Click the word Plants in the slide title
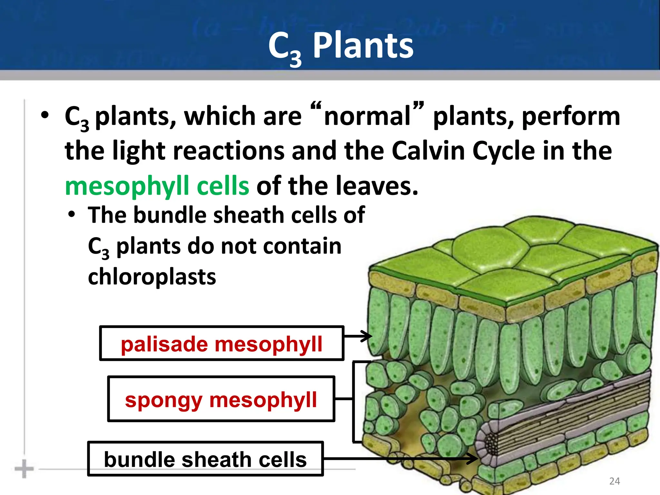tap(363, 46)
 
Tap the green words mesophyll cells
tap(157, 186)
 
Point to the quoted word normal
tap(367, 116)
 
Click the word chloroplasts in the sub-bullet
tap(152, 277)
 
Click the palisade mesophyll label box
tap(222, 343)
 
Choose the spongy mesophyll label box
tap(221, 399)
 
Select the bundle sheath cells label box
tap(205, 459)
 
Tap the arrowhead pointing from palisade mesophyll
tap(367, 336)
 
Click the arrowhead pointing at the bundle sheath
tap(473, 458)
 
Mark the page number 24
tap(615, 481)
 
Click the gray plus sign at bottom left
tap(24, 469)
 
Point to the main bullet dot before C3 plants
tap(45, 115)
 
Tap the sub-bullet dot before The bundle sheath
tap(72, 214)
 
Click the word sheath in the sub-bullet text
tap(250, 215)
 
